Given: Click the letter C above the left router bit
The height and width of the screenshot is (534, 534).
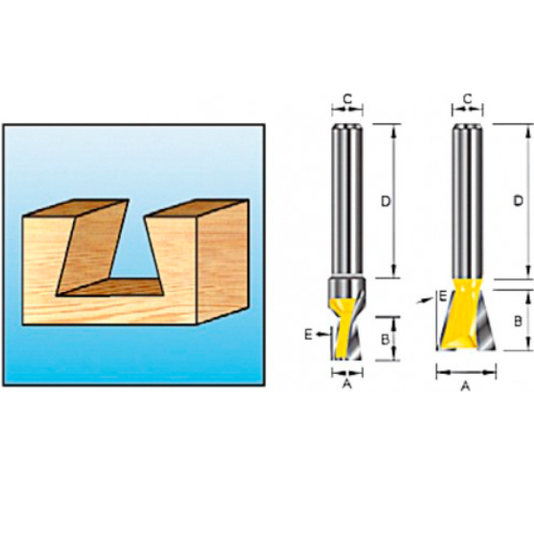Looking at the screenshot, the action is pyautogui.click(x=347, y=99).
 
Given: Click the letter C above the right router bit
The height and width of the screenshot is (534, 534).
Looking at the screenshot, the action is pyautogui.click(x=467, y=99).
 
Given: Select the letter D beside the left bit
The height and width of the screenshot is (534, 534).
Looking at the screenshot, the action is pyautogui.click(x=385, y=202).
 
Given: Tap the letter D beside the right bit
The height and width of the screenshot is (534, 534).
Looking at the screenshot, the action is pyautogui.click(x=518, y=201).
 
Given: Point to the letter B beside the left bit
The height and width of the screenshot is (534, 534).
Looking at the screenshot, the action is pyautogui.click(x=384, y=339).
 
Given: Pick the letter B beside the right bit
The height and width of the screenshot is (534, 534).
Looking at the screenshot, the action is pyautogui.click(x=518, y=321).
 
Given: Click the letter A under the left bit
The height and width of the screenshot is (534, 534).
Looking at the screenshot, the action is pyautogui.click(x=347, y=384).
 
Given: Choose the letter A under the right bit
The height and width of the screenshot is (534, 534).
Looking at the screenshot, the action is pyautogui.click(x=465, y=386).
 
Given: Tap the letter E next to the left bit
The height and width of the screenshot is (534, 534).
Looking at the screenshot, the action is pyautogui.click(x=308, y=335).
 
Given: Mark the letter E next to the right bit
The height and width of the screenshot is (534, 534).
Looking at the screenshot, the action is pyautogui.click(x=442, y=296).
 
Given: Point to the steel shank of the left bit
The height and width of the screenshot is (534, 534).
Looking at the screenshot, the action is pyautogui.click(x=347, y=200).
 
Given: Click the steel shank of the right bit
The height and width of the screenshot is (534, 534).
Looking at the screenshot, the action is pyautogui.click(x=467, y=202).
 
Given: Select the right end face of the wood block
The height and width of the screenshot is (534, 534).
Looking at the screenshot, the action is pyautogui.click(x=223, y=262).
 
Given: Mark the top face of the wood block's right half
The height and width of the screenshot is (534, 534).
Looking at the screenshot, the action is pyautogui.click(x=197, y=208).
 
